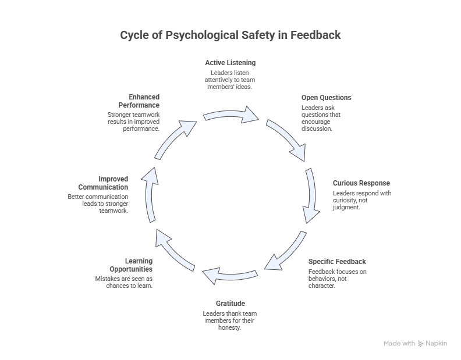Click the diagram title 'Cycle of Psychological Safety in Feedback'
point(230,35)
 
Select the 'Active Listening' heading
point(230,62)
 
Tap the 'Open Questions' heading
point(326,98)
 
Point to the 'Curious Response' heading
point(361,183)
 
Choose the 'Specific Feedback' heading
point(337,261)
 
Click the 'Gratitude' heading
point(230,303)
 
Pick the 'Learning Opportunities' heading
point(131,265)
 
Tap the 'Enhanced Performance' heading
point(139,101)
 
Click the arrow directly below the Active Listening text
point(231,114)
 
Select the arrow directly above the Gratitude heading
point(230,275)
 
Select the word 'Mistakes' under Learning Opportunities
point(108,279)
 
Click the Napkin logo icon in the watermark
point(420,344)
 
